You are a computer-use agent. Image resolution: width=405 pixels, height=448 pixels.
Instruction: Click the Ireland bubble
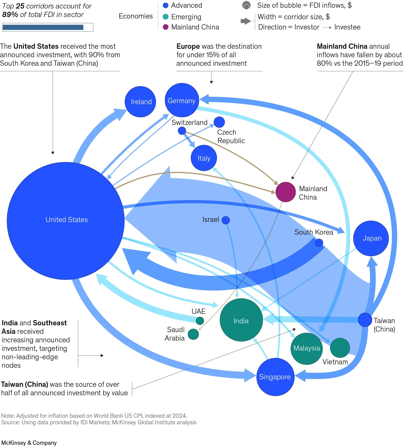coord(140,102)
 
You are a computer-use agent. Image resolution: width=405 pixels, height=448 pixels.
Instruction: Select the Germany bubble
coord(182,100)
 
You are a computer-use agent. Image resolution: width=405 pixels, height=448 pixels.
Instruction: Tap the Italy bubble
coord(204,158)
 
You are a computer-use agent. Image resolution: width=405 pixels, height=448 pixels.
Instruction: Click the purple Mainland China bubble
coord(286,192)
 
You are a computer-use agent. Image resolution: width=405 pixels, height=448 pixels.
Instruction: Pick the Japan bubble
coord(371,238)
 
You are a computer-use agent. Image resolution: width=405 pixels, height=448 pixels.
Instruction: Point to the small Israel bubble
coord(226,220)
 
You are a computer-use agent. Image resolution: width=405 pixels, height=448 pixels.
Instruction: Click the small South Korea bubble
coord(319,243)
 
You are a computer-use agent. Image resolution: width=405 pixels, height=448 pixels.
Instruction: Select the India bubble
coord(241,320)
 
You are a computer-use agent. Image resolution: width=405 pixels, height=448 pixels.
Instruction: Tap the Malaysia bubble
coord(307,349)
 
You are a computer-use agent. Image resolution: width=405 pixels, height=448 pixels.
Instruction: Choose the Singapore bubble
coord(275,377)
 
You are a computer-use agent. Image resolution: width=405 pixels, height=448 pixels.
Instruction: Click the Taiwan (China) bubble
coord(365,320)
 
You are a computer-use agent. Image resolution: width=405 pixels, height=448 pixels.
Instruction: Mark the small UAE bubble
coord(200,321)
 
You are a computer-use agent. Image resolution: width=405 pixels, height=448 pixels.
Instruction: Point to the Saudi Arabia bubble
coord(193,334)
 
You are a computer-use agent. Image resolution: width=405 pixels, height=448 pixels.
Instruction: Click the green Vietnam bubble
coord(340,348)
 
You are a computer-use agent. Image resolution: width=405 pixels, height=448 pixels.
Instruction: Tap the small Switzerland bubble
coord(182,130)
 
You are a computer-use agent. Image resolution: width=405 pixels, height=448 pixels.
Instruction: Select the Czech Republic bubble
coord(219,122)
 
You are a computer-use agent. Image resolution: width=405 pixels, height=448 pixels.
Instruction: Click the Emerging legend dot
coord(165,17)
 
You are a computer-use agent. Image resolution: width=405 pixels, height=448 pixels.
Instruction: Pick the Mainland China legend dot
coord(165,27)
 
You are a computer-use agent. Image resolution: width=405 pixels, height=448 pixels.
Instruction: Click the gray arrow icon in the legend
coord(246,21)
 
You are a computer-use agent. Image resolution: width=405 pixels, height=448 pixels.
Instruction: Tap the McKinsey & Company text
coord(29,443)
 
